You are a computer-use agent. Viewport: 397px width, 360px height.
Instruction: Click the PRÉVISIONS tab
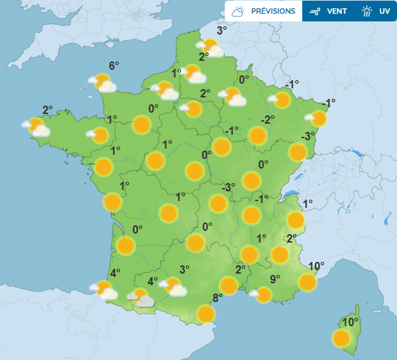pyautogui.click(x=263, y=11)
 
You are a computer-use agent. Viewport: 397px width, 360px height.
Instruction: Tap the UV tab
pyautogui.click(x=377, y=11)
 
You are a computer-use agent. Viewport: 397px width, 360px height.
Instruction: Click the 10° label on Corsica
pyautogui.click(x=350, y=322)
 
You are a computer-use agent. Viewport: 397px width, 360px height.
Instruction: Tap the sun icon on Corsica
pyautogui.click(x=341, y=339)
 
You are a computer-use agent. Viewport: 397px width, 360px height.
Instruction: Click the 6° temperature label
pyautogui.click(x=114, y=66)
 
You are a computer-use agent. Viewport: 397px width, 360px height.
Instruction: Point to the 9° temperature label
pyautogui.click(x=275, y=279)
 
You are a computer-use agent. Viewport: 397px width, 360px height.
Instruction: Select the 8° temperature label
pyautogui.click(x=216, y=299)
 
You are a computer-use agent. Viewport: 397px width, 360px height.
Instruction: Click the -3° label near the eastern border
pyautogui.click(x=308, y=135)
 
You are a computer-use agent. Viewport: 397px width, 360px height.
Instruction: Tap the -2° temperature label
pyautogui.click(x=268, y=120)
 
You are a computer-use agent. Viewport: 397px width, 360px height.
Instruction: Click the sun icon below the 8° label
pyautogui.click(x=205, y=314)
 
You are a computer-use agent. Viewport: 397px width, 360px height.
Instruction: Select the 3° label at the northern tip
pyautogui.click(x=221, y=30)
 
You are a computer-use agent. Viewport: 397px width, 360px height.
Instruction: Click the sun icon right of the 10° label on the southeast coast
pyautogui.click(x=307, y=282)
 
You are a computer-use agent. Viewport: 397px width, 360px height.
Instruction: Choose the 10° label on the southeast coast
pyautogui.click(x=316, y=266)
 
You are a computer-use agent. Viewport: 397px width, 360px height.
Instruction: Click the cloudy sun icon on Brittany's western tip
pyautogui.click(x=37, y=127)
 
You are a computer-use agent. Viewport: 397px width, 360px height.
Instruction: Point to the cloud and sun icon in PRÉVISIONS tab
pyautogui.click(x=239, y=11)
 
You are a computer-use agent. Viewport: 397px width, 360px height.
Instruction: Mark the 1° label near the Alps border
pyautogui.click(x=308, y=203)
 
